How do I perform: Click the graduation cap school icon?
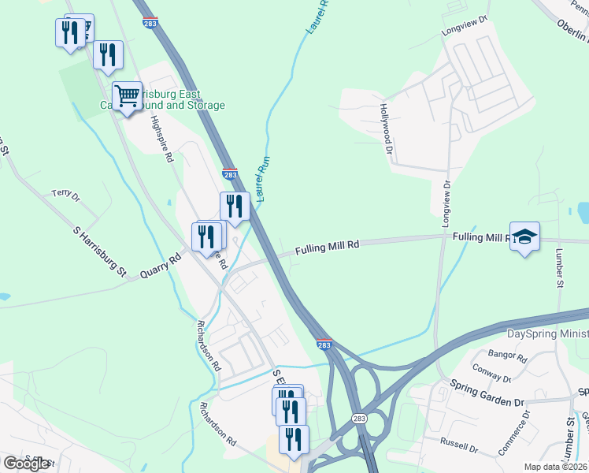pos(524,236)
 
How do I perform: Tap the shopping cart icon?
pos(127,97)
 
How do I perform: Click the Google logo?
pos(26,464)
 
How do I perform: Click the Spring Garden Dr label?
pos(487,393)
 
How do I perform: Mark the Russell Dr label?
pos(459,445)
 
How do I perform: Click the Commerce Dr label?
pos(513,432)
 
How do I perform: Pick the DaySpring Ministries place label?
pos(547,334)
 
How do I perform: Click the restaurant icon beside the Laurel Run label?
pos(235,207)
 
